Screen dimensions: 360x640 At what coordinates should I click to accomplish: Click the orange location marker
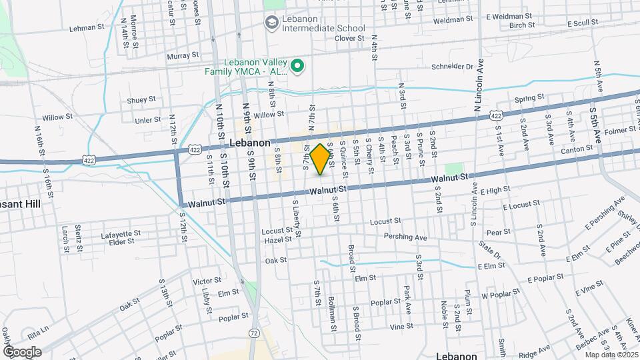(x=321, y=159)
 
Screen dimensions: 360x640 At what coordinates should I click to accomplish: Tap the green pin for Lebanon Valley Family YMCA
(x=298, y=66)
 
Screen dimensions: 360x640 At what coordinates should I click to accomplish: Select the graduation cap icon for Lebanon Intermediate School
(x=271, y=23)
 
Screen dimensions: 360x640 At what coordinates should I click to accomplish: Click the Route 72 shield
(x=253, y=331)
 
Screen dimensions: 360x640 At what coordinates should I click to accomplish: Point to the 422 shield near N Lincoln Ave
(x=496, y=115)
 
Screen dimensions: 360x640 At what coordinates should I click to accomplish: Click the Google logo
(x=22, y=351)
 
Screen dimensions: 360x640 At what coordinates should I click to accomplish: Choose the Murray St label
(x=183, y=55)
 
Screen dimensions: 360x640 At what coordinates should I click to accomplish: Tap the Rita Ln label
(x=38, y=329)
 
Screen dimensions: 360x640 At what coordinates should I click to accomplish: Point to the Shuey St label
(x=141, y=99)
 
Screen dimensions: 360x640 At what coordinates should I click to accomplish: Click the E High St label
(x=494, y=190)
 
